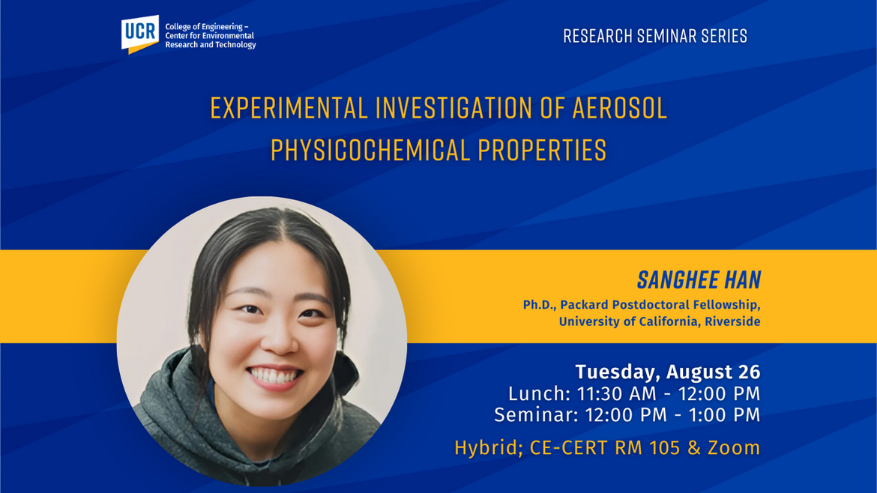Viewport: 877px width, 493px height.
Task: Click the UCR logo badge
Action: (140, 34)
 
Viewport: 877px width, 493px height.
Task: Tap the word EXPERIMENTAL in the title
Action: (289, 109)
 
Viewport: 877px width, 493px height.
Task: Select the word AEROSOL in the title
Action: (619, 109)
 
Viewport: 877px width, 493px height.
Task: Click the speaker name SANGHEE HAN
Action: (699, 280)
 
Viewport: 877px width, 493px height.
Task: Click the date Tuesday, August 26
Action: (667, 372)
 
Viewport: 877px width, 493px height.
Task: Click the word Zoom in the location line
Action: (736, 448)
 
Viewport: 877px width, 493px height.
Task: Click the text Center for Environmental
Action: (209, 36)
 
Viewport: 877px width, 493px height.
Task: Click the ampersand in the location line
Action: (700, 448)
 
